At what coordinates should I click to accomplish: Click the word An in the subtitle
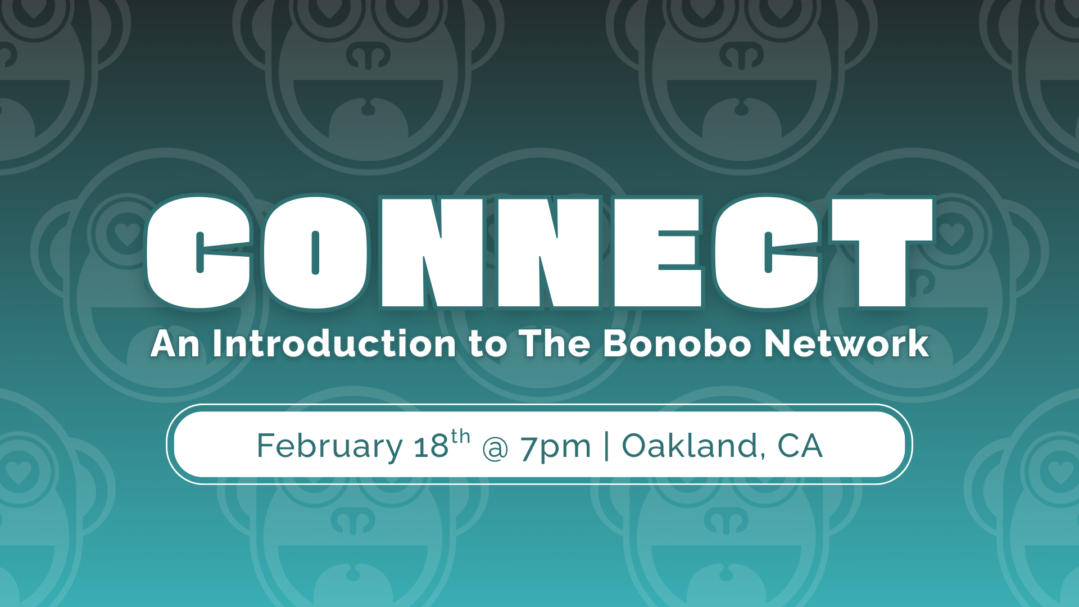tap(175, 343)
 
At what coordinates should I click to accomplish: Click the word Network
tap(846, 343)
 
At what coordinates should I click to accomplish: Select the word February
tap(329, 447)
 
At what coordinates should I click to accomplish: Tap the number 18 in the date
tap(431, 447)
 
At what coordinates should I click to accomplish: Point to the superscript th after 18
tap(460, 436)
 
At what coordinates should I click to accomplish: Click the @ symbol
tap(495, 449)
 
